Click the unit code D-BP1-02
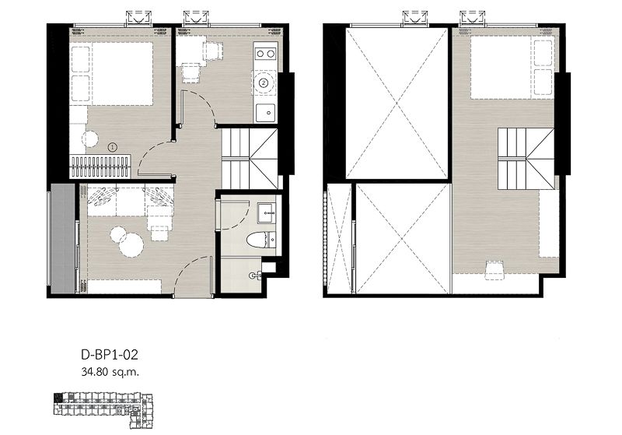pos(109,355)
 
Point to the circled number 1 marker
pos(112,146)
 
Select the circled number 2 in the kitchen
pos(264,82)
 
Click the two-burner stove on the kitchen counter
pos(265,54)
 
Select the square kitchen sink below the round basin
pos(265,111)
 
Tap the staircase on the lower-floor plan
pos(249,159)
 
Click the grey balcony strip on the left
pos(62,237)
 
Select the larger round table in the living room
pos(132,246)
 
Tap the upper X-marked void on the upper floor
pos(397,103)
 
